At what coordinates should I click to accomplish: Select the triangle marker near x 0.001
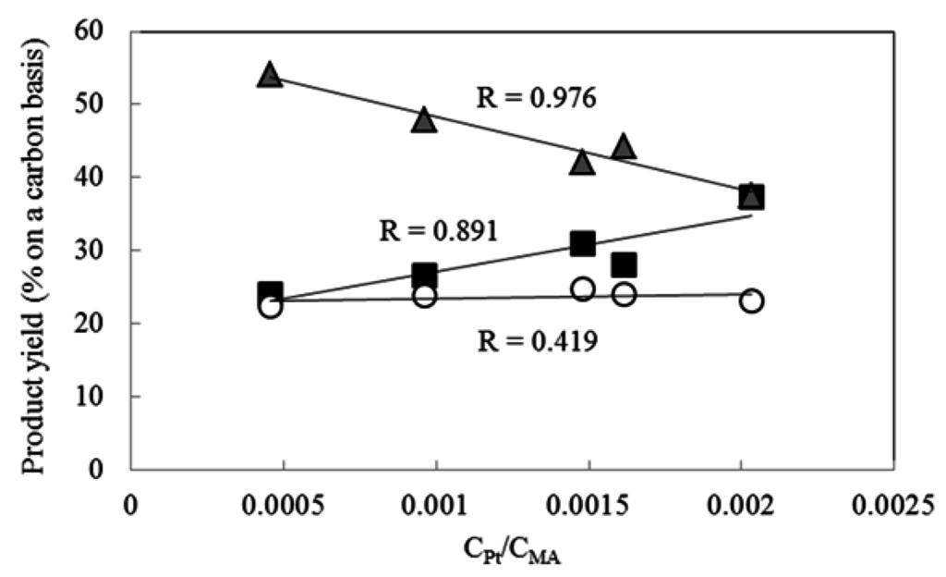pos(424,120)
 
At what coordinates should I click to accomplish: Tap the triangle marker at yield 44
pos(624,147)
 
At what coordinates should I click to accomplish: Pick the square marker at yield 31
pos(582,243)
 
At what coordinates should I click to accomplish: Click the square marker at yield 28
pos(625,265)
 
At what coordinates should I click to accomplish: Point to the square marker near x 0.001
pos(424,276)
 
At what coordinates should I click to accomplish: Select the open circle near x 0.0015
pos(582,289)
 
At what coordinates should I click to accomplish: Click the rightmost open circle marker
pos(751,301)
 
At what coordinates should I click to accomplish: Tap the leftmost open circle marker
pos(270,306)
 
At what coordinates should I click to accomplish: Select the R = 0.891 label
pos(439,229)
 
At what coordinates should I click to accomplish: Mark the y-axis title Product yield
pos(34,250)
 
